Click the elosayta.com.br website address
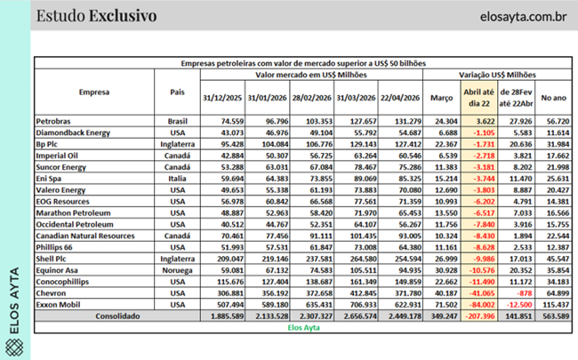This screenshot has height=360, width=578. pyautogui.click(x=508, y=17)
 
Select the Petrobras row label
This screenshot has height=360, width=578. pyautogui.click(x=56, y=119)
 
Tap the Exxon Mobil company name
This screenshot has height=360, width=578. pyautogui.click(x=59, y=304)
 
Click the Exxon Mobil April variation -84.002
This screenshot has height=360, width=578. pyautogui.click(x=481, y=304)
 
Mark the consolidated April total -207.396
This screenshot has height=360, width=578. pyautogui.click(x=479, y=316)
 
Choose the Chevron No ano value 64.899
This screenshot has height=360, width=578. pyautogui.click(x=554, y=292)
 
